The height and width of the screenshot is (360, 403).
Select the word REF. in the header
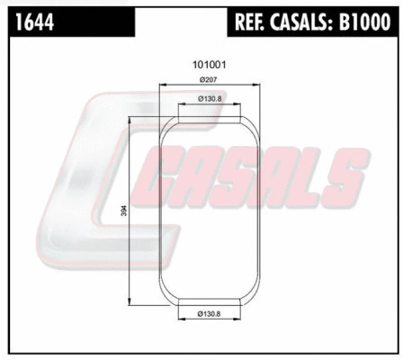(253, 20)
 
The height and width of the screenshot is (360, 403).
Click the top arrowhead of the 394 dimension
(132, 118)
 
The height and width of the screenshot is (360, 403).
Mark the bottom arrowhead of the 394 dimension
(132, 301)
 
